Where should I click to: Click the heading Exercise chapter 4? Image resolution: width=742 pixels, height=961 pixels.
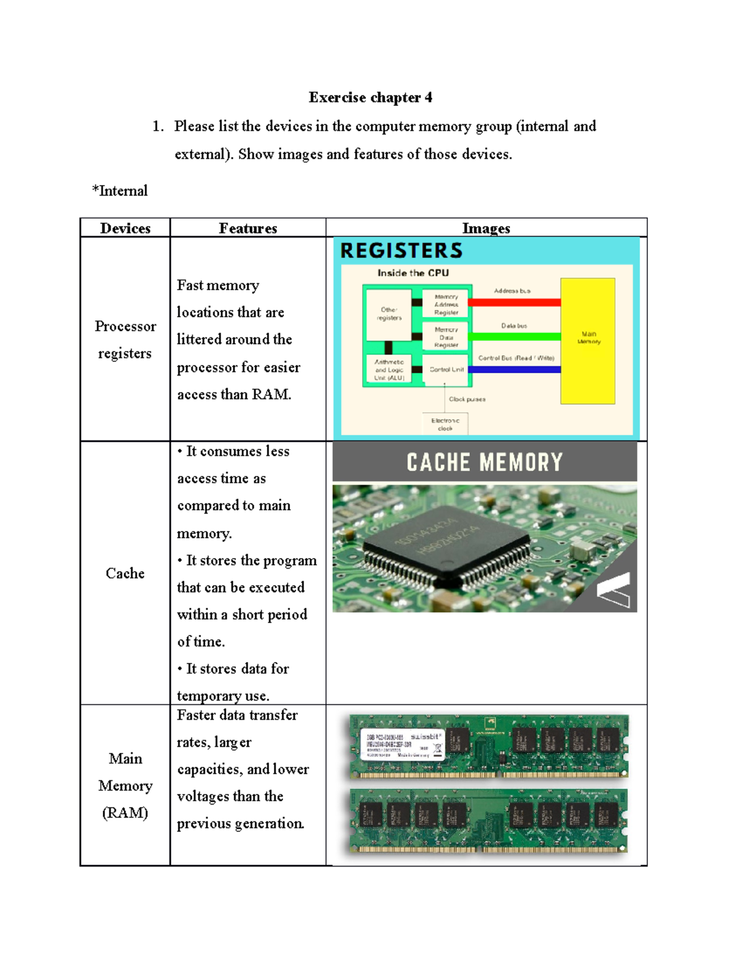coord(370,97)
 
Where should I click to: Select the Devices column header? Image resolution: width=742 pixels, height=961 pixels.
coord(125,228)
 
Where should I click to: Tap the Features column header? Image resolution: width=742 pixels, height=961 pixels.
coord(248,228)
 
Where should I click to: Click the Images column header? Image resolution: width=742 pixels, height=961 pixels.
coord(486,228)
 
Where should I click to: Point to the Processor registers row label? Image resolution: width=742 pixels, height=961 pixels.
coord(125,339)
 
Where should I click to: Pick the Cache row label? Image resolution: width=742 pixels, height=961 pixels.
coord(125,573)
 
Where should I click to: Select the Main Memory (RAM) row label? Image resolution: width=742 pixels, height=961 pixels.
coord(125,785)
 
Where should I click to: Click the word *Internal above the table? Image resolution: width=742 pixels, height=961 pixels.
coord(120,191)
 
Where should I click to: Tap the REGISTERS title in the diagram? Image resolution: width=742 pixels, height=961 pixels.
coord(401,251)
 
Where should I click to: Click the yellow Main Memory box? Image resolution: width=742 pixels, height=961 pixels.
coord(587,340)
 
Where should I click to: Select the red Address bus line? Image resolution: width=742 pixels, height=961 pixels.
coord(514,303)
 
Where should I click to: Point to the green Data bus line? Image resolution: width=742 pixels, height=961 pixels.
coord(514,337)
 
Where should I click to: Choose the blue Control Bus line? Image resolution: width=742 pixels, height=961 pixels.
coord(514,369)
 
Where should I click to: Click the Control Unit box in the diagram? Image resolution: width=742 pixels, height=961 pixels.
coord(446,369)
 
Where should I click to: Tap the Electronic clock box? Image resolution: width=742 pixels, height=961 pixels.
coord(445,424)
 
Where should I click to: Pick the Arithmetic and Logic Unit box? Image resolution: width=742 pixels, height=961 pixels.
coord(389,369)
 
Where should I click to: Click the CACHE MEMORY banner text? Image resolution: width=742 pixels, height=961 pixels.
coord(485,462)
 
